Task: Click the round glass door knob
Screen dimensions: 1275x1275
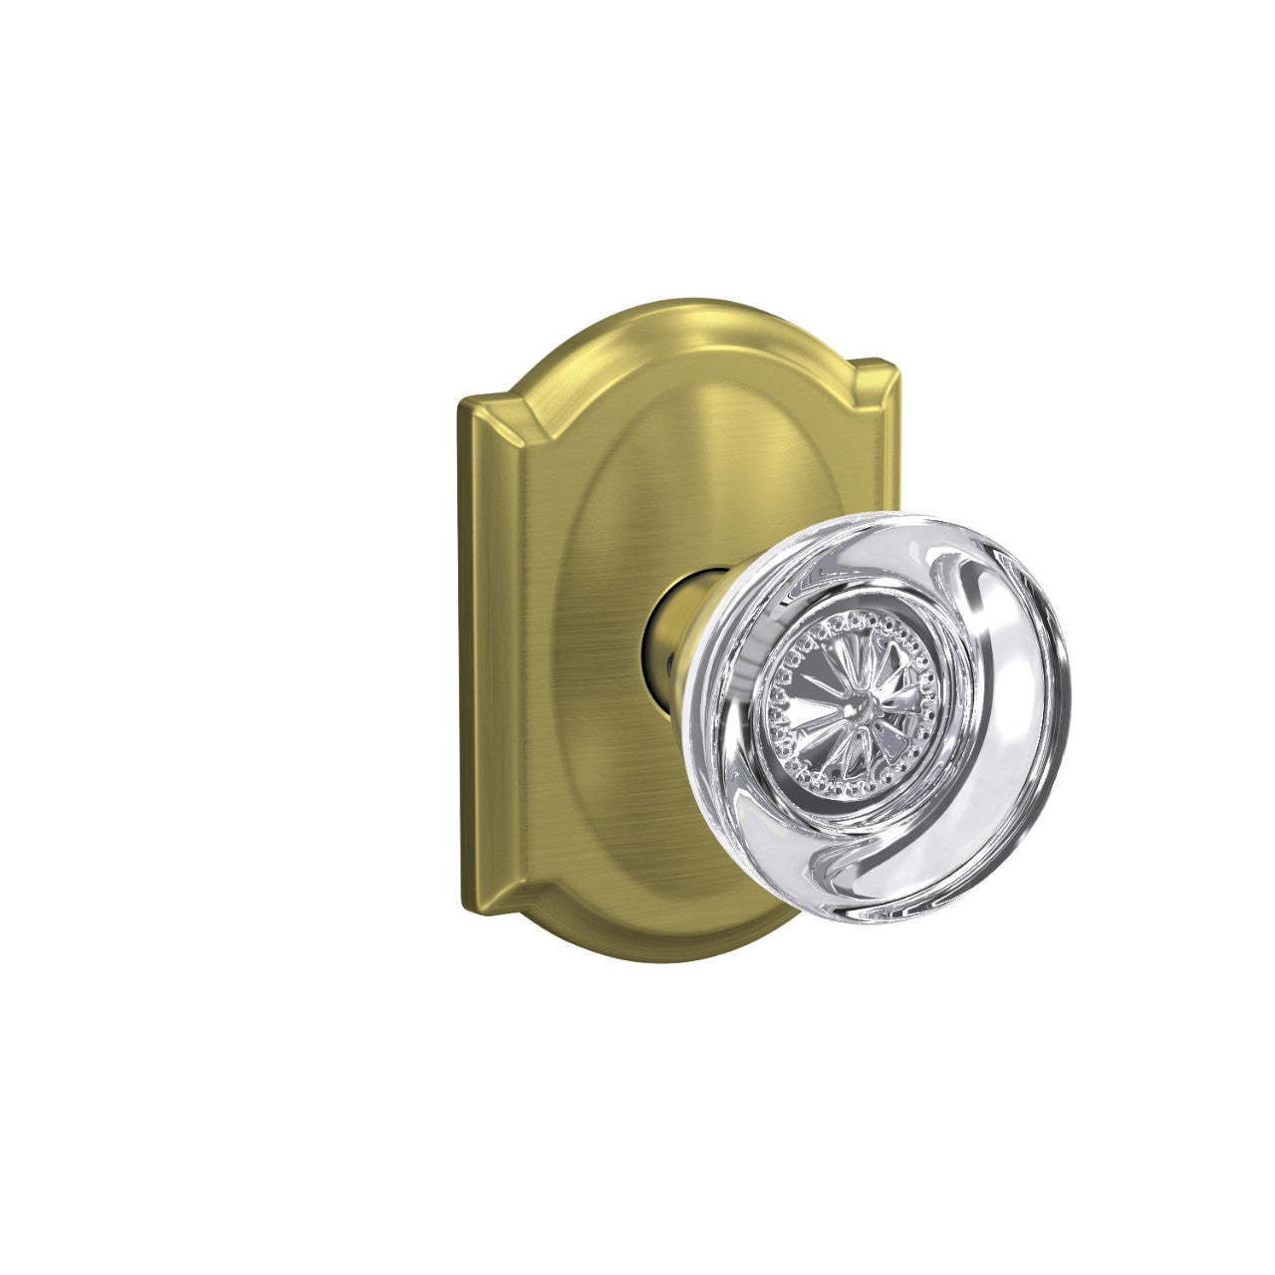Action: [x=887, y=717]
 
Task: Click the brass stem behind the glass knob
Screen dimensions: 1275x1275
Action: [x=677, y=637]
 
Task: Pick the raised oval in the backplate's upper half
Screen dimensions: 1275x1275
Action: [x=687, y=448]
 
